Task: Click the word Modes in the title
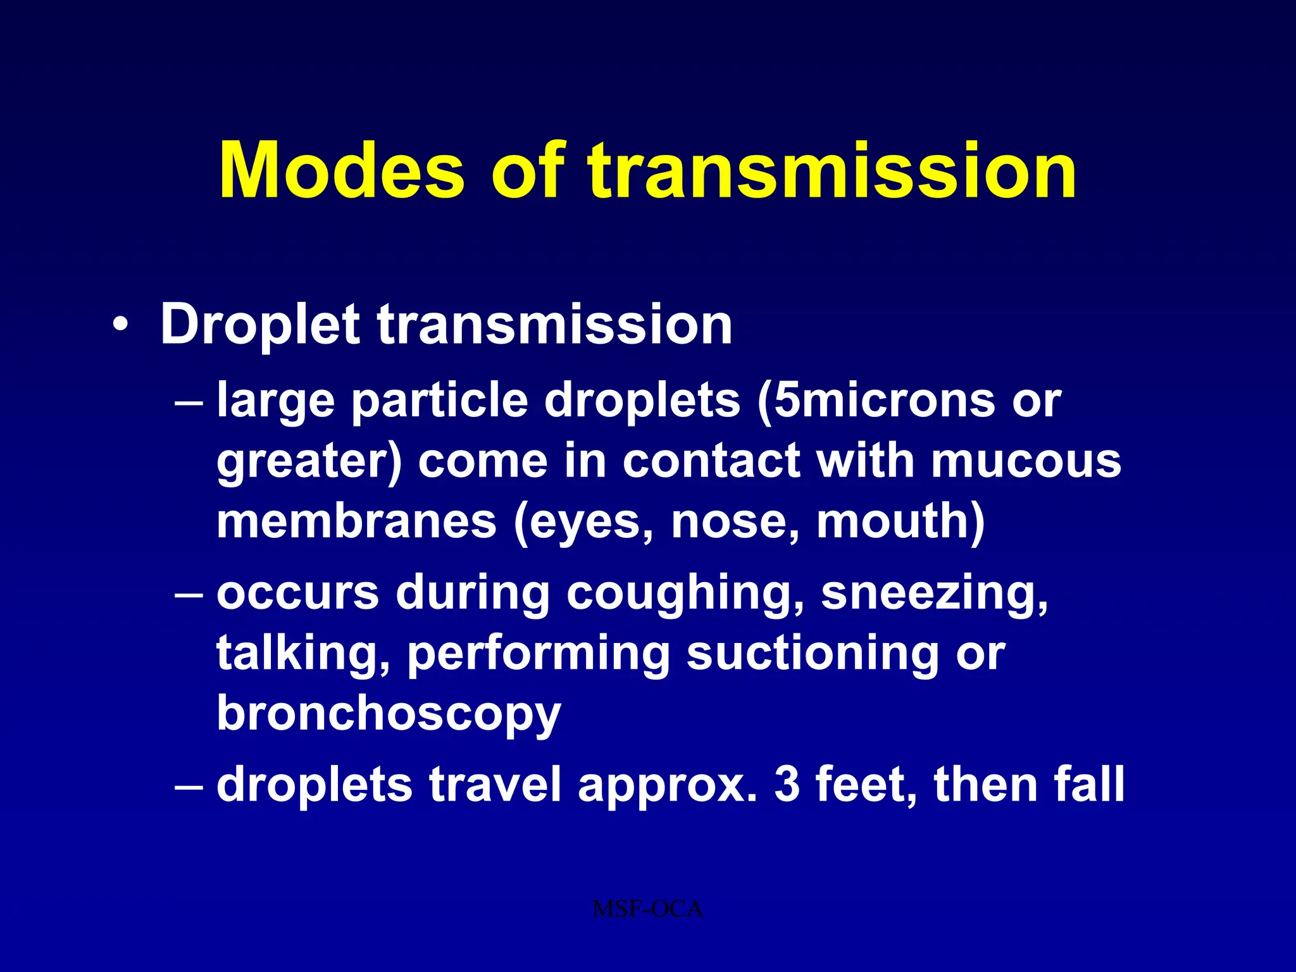click(x=342, y=171)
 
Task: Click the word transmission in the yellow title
click(x=832, y=171)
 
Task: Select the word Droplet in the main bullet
click(x=260, y=325)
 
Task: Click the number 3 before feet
click(x=787, y=784)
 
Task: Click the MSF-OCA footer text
click(x=647, y=909)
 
